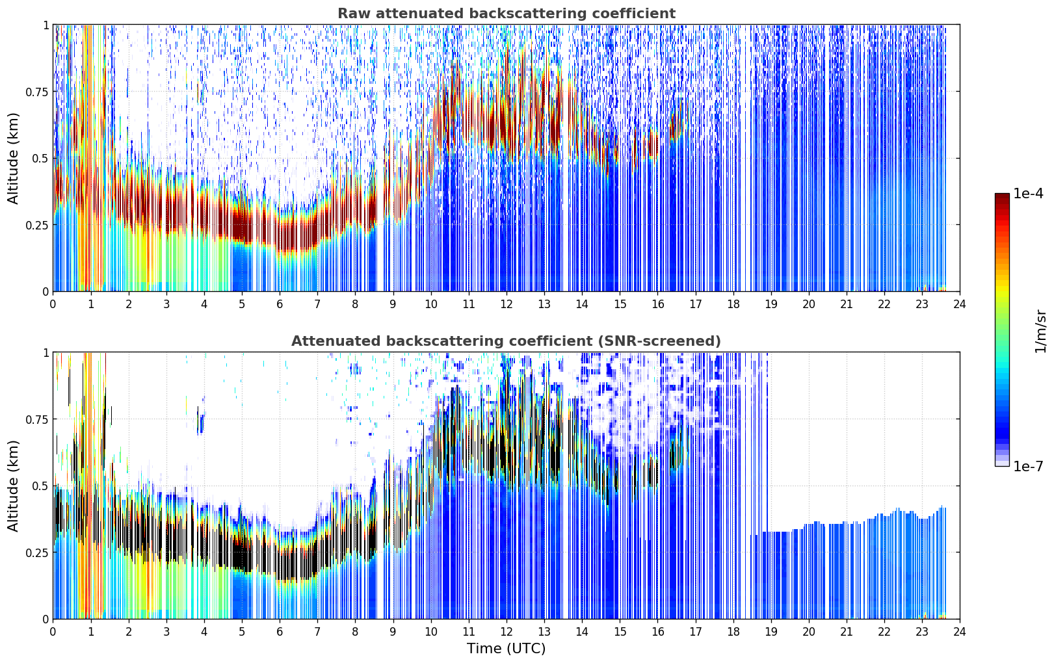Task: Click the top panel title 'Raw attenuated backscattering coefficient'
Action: click(507, 13)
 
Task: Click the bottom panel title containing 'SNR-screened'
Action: click(507, 341)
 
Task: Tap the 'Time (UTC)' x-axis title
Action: click(507, 649)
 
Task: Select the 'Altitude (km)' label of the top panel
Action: click(13, 158)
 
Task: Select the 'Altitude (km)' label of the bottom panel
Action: click(13, 486)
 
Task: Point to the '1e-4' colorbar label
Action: click(1028, 193)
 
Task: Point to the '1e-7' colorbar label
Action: click(1028, 466)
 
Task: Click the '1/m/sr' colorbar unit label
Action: click(1040, 331)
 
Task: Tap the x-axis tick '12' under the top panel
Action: click(507, 304)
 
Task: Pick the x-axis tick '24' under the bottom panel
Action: click(960, 632)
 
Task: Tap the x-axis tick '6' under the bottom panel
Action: click(280, 632)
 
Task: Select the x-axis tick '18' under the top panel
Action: click(733, 304)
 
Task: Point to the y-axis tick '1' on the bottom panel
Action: click(46, 353)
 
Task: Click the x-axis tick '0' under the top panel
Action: click(53, 304)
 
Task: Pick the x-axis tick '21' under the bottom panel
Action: click(847, 632)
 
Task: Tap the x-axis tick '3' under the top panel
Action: click(166, 304)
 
